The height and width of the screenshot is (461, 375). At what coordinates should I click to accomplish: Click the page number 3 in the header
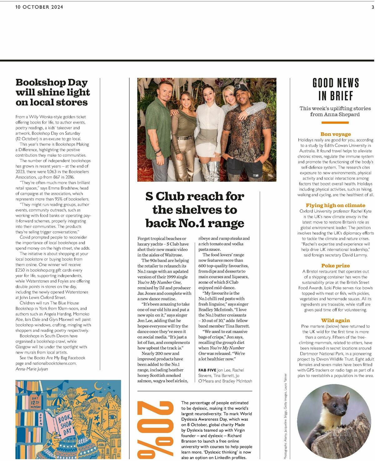coord(372,7)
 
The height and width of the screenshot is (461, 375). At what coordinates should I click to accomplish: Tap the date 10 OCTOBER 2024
coord(39,7)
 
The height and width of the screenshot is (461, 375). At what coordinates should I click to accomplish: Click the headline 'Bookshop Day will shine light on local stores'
coord(52,92)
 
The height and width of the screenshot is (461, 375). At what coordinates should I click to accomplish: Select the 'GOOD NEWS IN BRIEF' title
coord(336,89)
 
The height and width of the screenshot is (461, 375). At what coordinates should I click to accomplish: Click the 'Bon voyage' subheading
coord(336,134)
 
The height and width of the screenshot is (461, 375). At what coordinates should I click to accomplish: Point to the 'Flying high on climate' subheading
coord(335,205)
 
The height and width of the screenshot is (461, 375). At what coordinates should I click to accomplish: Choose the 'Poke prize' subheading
coord(335,266)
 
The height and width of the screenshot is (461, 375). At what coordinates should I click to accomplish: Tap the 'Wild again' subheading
coord(335,321)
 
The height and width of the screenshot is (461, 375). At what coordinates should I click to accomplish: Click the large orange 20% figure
coord(156,430)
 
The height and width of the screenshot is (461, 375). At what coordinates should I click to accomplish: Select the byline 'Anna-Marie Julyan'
coord(32,369)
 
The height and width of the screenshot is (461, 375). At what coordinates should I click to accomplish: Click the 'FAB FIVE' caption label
coord(207,370)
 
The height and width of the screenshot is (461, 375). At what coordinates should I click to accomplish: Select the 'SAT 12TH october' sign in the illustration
coord(35,402)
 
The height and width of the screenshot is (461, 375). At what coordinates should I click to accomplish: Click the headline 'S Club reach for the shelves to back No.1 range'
coord(195,210)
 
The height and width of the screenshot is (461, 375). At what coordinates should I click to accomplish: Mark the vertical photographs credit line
coord(285,416)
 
